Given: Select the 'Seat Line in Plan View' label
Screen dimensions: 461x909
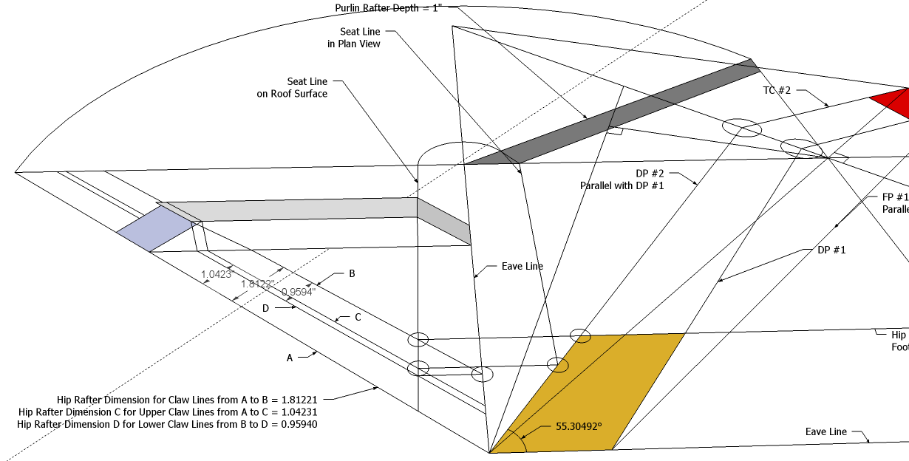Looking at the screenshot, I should [x=355, y=38].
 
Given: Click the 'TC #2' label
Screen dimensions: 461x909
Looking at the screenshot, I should [x=777, y=90].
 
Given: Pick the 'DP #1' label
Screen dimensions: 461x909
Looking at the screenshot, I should [x=831, y=250].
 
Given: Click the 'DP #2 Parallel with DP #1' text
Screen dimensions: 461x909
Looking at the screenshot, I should [x=622, y=180].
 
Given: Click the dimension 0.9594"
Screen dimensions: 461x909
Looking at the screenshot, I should [x=299, y=292].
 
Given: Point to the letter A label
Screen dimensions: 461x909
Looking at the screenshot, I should [x=290, y=358].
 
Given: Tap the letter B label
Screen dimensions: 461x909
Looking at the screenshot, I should [x=352, y=273].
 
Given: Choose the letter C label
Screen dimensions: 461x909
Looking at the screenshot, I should [x=358, y=318].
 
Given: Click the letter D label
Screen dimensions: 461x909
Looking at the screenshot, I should [x=265, y=308].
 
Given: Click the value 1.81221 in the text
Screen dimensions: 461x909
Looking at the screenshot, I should [x=299, y=398].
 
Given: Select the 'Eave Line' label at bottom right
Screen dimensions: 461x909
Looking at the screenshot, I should [x=826, y=431].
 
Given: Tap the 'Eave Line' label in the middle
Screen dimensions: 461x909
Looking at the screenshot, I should [x=522, y=266].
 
